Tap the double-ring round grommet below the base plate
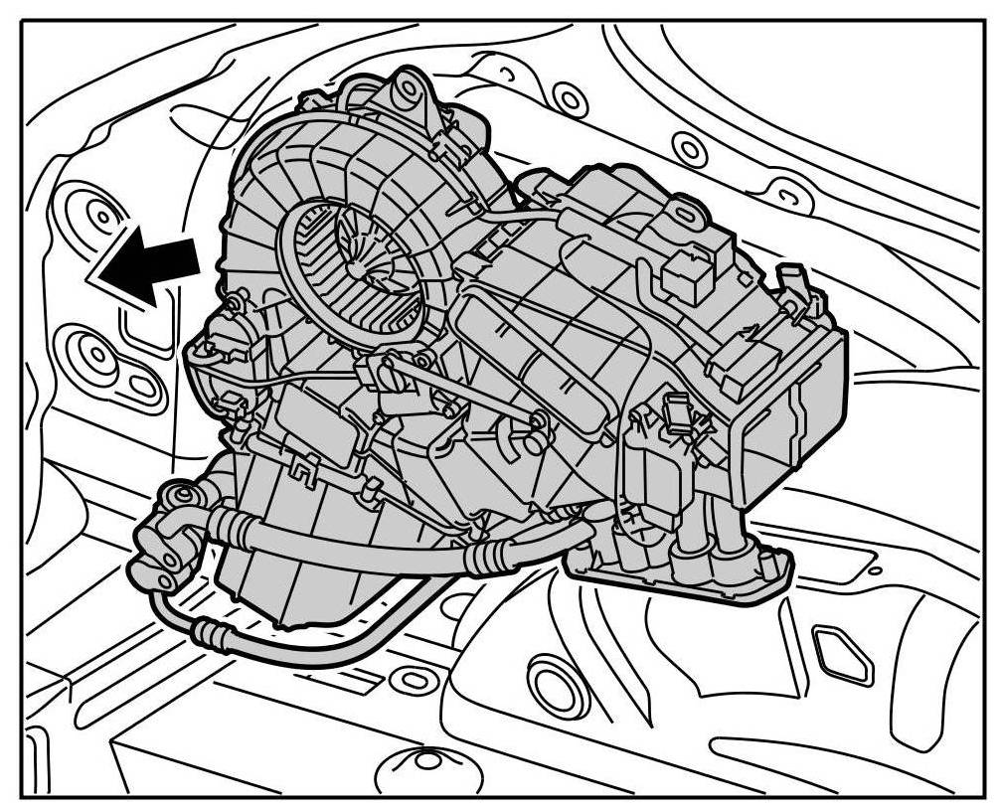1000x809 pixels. coord(550,685)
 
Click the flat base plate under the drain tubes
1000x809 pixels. coord(686,576)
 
